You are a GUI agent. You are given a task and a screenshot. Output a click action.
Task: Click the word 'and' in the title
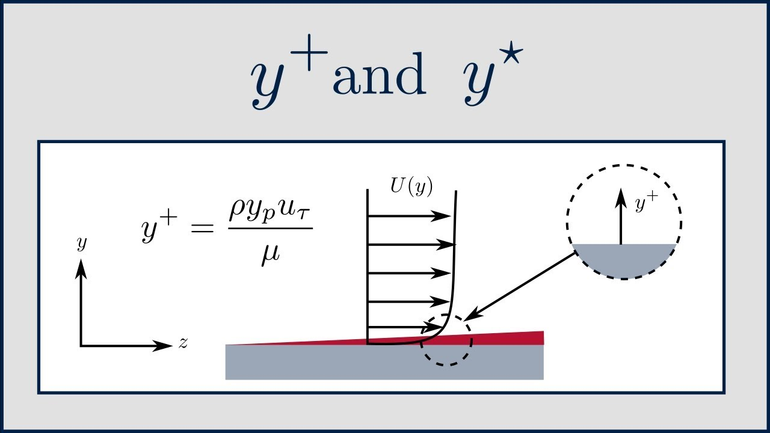point(379,73)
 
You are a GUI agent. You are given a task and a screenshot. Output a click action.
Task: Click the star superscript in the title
point(511,52)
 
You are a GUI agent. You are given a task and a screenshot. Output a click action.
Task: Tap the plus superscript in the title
point(309,52)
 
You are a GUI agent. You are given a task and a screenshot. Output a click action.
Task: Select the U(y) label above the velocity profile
point(411,186)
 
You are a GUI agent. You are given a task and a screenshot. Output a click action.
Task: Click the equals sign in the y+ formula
point(203,228)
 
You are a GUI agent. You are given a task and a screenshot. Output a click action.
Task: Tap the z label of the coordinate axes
point(183,343)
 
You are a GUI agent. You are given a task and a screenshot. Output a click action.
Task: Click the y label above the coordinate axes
point(82,244)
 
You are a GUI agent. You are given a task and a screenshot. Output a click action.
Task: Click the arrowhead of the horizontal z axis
point(162,346)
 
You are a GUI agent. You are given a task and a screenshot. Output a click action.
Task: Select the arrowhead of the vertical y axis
point(81,269)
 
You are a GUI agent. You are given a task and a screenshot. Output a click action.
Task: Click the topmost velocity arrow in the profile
point(409,216)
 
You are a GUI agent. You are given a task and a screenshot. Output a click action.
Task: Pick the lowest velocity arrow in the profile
point(405,327)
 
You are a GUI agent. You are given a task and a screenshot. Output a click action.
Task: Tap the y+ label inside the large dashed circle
point(646,203)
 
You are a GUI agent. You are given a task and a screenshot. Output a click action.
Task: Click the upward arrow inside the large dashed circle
point(621,216)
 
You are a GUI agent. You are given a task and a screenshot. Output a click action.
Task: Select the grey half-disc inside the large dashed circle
point(624,260)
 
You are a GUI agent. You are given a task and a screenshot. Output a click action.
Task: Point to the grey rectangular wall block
point(384,362)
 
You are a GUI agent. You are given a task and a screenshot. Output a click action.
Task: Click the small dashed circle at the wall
point(420,340)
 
